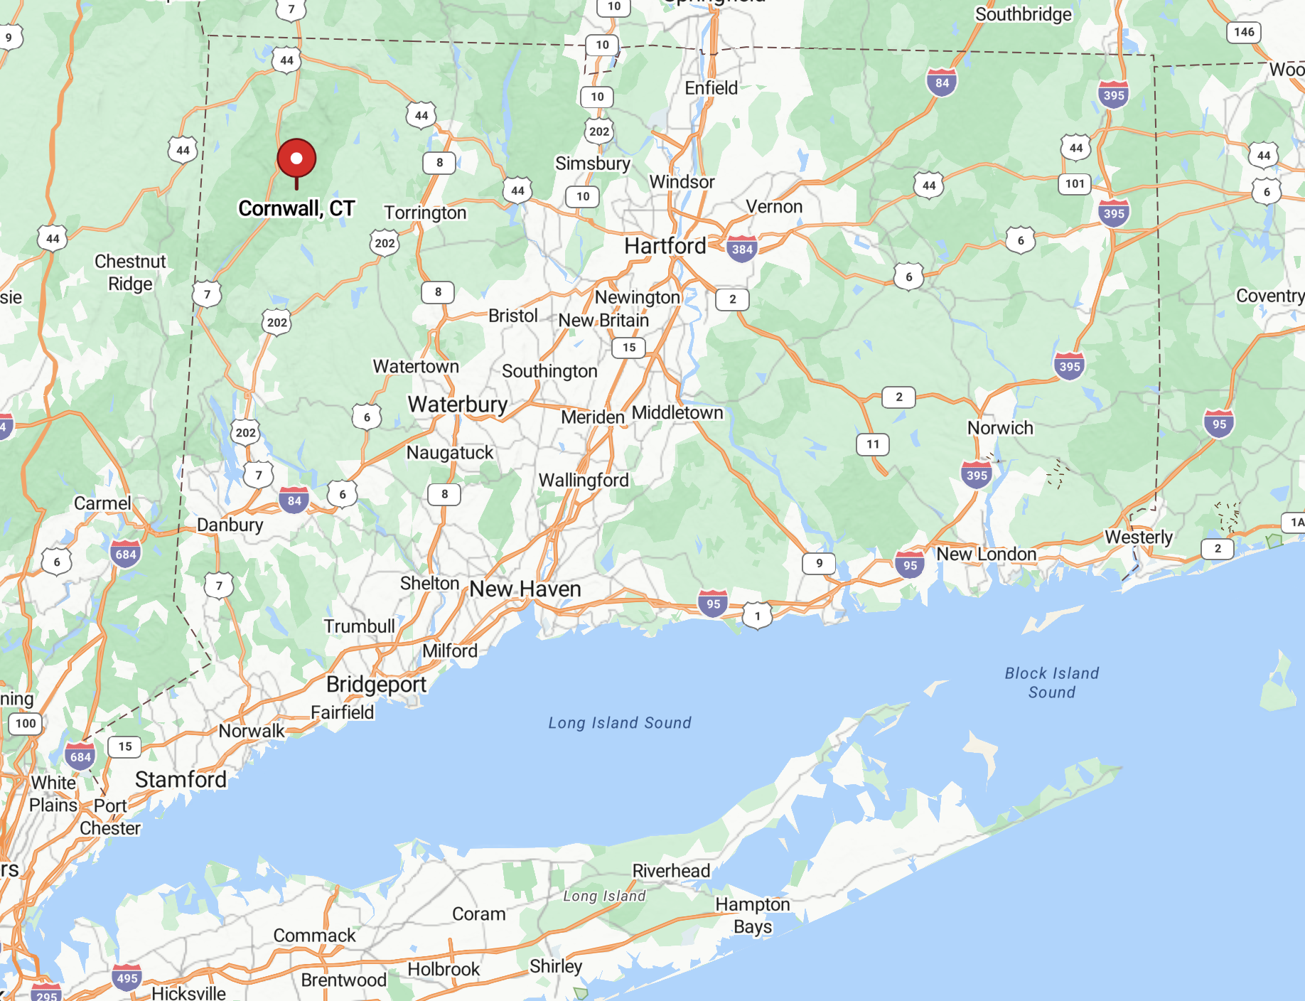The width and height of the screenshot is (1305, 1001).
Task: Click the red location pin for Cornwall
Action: [296, 159]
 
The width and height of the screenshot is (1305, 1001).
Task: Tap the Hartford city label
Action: [665, 246]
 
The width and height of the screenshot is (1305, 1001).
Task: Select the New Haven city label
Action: [525, 589]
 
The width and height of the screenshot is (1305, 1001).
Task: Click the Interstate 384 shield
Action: [742, 249]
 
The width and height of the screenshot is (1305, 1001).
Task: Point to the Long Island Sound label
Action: [619, 723]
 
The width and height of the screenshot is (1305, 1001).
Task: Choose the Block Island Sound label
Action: [1051, 682]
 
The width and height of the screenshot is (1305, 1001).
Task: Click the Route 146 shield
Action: [1244, 32]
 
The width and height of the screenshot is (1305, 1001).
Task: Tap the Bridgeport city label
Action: [376, 684]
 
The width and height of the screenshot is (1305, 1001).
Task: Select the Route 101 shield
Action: [1075, 183]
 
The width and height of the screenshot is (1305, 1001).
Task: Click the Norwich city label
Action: [1000, 428]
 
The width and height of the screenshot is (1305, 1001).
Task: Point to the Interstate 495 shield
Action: [127, 978]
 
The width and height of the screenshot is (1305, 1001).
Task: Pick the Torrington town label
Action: [425, 213]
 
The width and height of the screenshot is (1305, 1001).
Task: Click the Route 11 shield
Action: [873, 444]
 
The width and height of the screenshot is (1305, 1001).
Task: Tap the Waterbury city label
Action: [458, 405]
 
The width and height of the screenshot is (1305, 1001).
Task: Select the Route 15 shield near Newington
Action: [629, 348]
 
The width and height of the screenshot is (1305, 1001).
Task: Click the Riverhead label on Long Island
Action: [671, 871]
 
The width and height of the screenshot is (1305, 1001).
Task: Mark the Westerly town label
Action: [1138, 537]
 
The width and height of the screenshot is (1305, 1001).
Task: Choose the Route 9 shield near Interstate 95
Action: [819, 563]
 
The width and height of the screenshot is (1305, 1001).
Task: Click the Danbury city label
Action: [230, 525]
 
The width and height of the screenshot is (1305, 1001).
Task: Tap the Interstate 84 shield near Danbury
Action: [294, 500]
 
